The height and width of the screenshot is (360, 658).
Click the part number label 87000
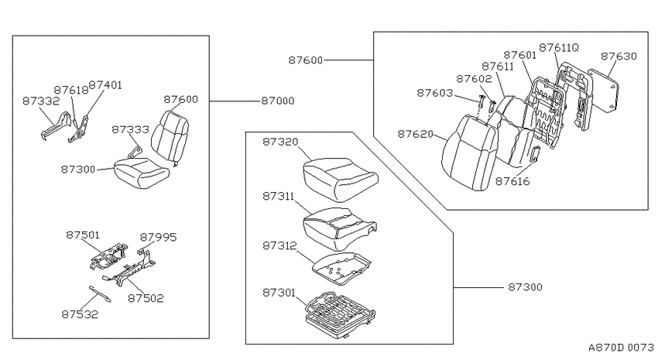[278, 101]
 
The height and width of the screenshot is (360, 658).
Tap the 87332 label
[41, 101]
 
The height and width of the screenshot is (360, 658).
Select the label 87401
[105, 85]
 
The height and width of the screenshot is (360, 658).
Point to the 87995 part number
[158, 237]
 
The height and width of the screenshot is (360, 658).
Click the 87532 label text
[80, 314]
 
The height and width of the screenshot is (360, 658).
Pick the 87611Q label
[559, 48]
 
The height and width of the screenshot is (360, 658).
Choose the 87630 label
[619, 57]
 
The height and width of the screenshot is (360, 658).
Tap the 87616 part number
[512, 181]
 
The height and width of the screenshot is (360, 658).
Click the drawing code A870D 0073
[621, 348]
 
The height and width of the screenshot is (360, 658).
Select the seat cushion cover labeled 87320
[341, 179]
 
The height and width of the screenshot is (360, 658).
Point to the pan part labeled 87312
[341, 269]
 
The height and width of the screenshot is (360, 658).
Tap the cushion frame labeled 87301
[341, 312]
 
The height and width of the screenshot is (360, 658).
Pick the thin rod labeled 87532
[100, 293]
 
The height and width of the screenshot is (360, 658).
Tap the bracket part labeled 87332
[56, 125]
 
